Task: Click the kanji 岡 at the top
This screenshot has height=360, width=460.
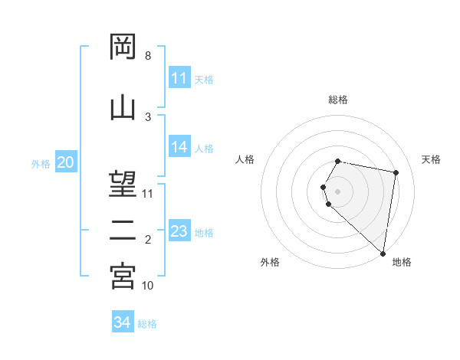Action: (123, 47)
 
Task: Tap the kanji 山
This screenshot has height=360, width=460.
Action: (123, 107)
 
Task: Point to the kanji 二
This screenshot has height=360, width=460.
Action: (123, 230)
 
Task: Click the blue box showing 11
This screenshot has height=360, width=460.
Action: (179, 78)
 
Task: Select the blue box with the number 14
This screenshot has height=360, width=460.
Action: (179, 148)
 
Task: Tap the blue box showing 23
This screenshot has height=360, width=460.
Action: (179, 231)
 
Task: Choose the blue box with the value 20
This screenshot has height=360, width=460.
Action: (66, 162)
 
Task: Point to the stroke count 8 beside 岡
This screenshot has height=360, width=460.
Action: (148, 56)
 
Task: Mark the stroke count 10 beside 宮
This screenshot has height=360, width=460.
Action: (148, 286)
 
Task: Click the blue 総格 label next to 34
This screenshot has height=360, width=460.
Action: (148, 324)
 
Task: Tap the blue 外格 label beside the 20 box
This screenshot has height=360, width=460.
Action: (41, 164)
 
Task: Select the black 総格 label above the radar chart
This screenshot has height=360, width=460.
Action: (338, 100)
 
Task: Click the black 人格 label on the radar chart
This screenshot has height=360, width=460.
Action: (245, 159)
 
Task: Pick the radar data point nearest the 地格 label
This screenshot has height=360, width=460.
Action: (383, 253)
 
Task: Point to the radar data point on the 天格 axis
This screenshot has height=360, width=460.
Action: (396, 173)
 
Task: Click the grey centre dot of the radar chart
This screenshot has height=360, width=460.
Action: (338, 191)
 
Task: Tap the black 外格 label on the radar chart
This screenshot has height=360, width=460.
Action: (270, 262)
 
